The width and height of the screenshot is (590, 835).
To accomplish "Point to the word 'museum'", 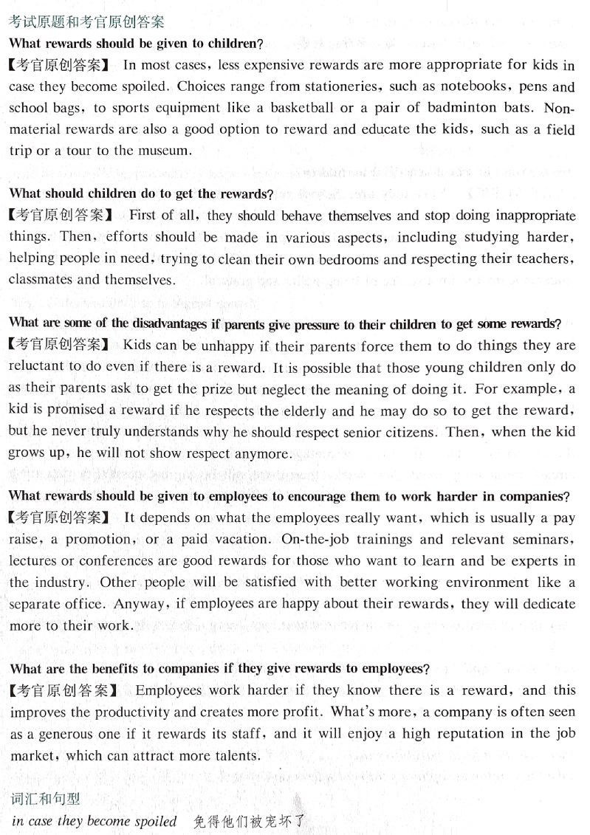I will point(165,151).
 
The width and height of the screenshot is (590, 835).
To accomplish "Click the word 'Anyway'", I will point(139,604).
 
